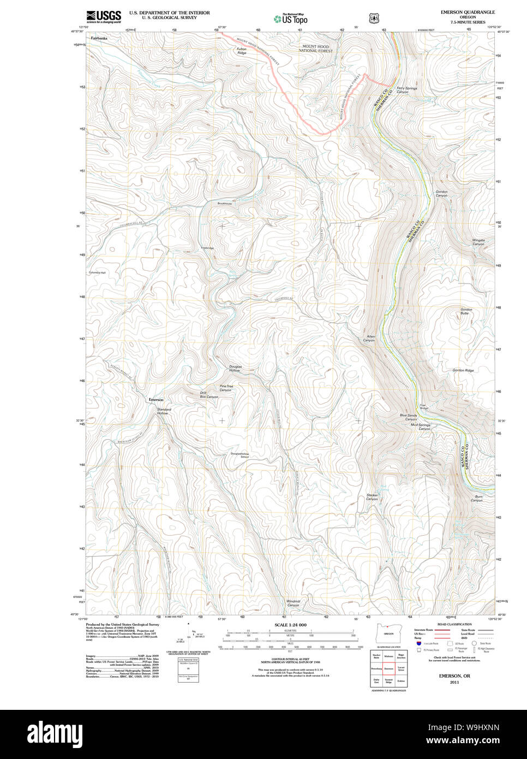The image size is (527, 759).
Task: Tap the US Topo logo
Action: click(291, 19)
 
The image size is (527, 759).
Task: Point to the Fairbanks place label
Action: click(99, 39)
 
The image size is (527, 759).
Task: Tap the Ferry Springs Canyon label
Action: click(406, 90)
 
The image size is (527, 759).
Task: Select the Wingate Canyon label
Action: click(478, 242)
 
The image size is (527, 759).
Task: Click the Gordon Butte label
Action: click(465, 311)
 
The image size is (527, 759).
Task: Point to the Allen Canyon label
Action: click(369, 339)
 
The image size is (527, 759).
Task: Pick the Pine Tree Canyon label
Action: click(226, 388)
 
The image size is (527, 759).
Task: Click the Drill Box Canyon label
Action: click(208, 395)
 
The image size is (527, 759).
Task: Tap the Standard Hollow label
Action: click(164, 411)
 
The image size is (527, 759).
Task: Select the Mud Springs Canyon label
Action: click(421, 426)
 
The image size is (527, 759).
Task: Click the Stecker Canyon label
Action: click(372, 497)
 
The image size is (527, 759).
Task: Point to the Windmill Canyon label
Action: click(293, 603)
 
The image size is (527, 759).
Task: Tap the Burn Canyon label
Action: click(477, 499)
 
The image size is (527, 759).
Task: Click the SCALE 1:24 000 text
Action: click(290, 625)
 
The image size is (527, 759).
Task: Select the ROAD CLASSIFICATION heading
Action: click(454, 624)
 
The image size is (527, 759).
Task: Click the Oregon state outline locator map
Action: click(388, 635)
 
